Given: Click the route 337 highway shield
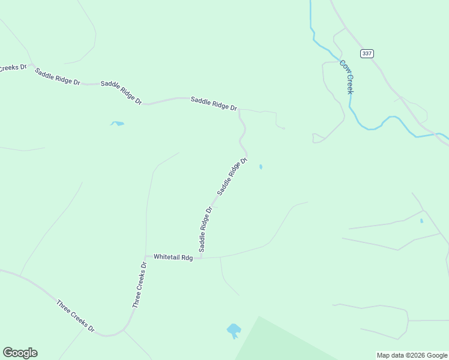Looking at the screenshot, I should coord(367,53).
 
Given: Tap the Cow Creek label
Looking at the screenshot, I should coord(346,76).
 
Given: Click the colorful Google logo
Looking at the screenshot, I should coord(20,353).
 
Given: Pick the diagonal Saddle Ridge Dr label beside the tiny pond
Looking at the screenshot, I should coord(232,176).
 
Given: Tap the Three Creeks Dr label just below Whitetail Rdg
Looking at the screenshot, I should coord(139,285).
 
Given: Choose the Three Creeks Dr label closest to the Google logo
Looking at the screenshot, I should coord(75,316).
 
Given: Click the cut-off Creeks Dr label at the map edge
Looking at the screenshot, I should coord(13,67).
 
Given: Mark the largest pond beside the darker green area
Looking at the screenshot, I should coord(234,330).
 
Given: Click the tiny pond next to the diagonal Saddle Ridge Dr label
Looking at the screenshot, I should coord(261,167).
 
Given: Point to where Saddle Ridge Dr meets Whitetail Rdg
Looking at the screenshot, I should coord(201,257).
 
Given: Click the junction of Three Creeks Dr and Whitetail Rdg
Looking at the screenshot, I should coord(146,256).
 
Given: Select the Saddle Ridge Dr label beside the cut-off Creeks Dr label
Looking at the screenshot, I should coord(57,77).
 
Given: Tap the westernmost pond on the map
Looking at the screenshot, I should coord(117,124).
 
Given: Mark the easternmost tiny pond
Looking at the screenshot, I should coord(421,221).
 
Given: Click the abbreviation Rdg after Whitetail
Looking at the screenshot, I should coord(187,257).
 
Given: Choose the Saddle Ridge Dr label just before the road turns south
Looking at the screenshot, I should coord(214,103).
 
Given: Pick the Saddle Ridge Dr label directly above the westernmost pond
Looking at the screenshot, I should coord(121,93).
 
